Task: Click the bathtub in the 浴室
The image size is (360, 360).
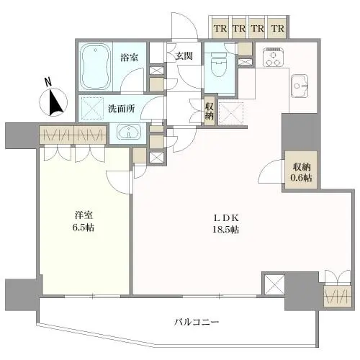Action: [x=95, y=66]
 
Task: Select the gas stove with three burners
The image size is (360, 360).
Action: [x=274, y=58]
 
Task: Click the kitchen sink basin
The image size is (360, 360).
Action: [x=299, y=86]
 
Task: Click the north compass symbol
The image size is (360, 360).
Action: [x=53, y=102]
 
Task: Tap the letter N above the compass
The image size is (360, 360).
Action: [x=48, y=82]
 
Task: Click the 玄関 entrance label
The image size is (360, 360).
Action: [x=184, y=56]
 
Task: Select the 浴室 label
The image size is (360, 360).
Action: [x=130, y=58]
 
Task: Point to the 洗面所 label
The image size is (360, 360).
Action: [x=121, y=109]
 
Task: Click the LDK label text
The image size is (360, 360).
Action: [x=225, y=218]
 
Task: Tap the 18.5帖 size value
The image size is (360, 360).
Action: [x=225, y=230]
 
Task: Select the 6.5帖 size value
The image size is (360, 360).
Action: [x=84, y=228]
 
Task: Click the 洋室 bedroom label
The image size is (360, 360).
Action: [x=84, y=215]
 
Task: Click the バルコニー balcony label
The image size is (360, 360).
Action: [x=197, y=321]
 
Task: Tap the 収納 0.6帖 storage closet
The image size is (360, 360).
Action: [x=301, y=171]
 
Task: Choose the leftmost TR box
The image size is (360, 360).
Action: [x=220, y=29]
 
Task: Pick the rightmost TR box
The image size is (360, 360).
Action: [x=278, y=29]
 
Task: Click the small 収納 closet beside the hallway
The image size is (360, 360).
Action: [x=210, y=110]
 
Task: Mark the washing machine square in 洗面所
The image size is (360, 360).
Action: [x=93, y=108]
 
